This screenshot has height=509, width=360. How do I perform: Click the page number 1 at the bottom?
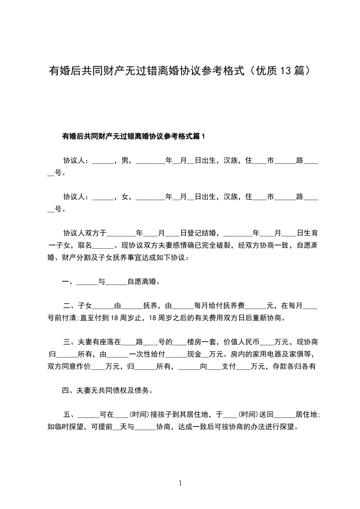pyautogui.click(x=180, y=483)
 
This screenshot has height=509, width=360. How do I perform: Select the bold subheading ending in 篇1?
pyautogui.click(x=134, y=136)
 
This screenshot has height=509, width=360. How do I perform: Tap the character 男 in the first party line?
pyautogui.click(x=123, y=160)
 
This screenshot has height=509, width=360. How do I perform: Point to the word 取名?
pyautogui.click(x=85, y=245)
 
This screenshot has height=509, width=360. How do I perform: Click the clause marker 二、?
pyautogui.click(x=69, y=306)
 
